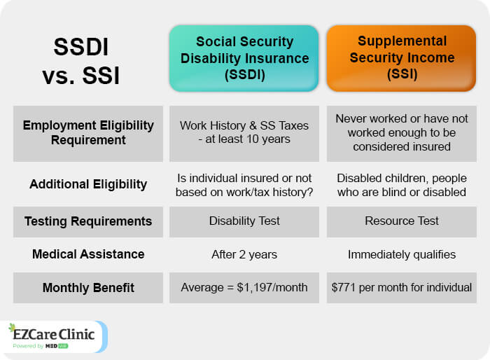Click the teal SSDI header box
click(x=244, y=59)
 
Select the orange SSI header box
click(x=402, y=59)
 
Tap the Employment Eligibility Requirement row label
click(x=88, y=132)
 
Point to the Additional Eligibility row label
click(x=88, y=184)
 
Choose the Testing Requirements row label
click(x=88, y=221)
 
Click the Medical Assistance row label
click(x=88, y=254)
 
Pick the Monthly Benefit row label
click(x=88, y=288)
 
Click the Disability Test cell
click(x=244, y=221)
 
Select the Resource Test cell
click(x=402, y=221)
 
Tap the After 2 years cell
click(x=244, y=255)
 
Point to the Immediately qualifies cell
click(x=402, y=255)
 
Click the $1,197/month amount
click(x=272, y=287)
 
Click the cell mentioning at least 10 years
click(x=244, y=132)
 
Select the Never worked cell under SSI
click(x=402, y=132)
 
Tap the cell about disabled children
click(x=402, y=185)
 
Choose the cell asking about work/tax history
click(x=244, y=185)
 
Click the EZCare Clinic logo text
click(x=53, y=334)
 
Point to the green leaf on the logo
click(x=12, y=327)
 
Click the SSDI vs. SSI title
click(x=81, y=62)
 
